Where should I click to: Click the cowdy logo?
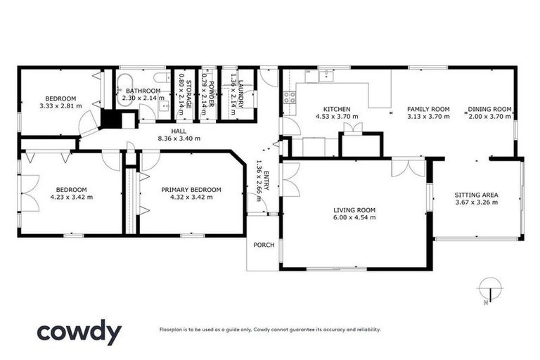pyautogui.click(x=79, y=331)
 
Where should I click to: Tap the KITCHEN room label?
pyautogui.click(x=337, y=109)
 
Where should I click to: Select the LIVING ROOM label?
pyautogui.click(x=354, y=210)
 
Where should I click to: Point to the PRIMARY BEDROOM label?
pyautogui.click(x=191, y=189)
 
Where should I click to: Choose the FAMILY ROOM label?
pyautogui.click(x=428, y=109)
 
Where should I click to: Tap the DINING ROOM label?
pyautogui.click(x=490, y=109)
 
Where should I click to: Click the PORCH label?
pyautogui.click(x=264, y=245)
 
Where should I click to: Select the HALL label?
pyautogui.click(x=179, y=130)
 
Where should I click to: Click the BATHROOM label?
pyautogui.click(x=143, y=90)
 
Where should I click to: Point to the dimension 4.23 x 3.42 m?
pyautogui.click(x=71, y=198)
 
